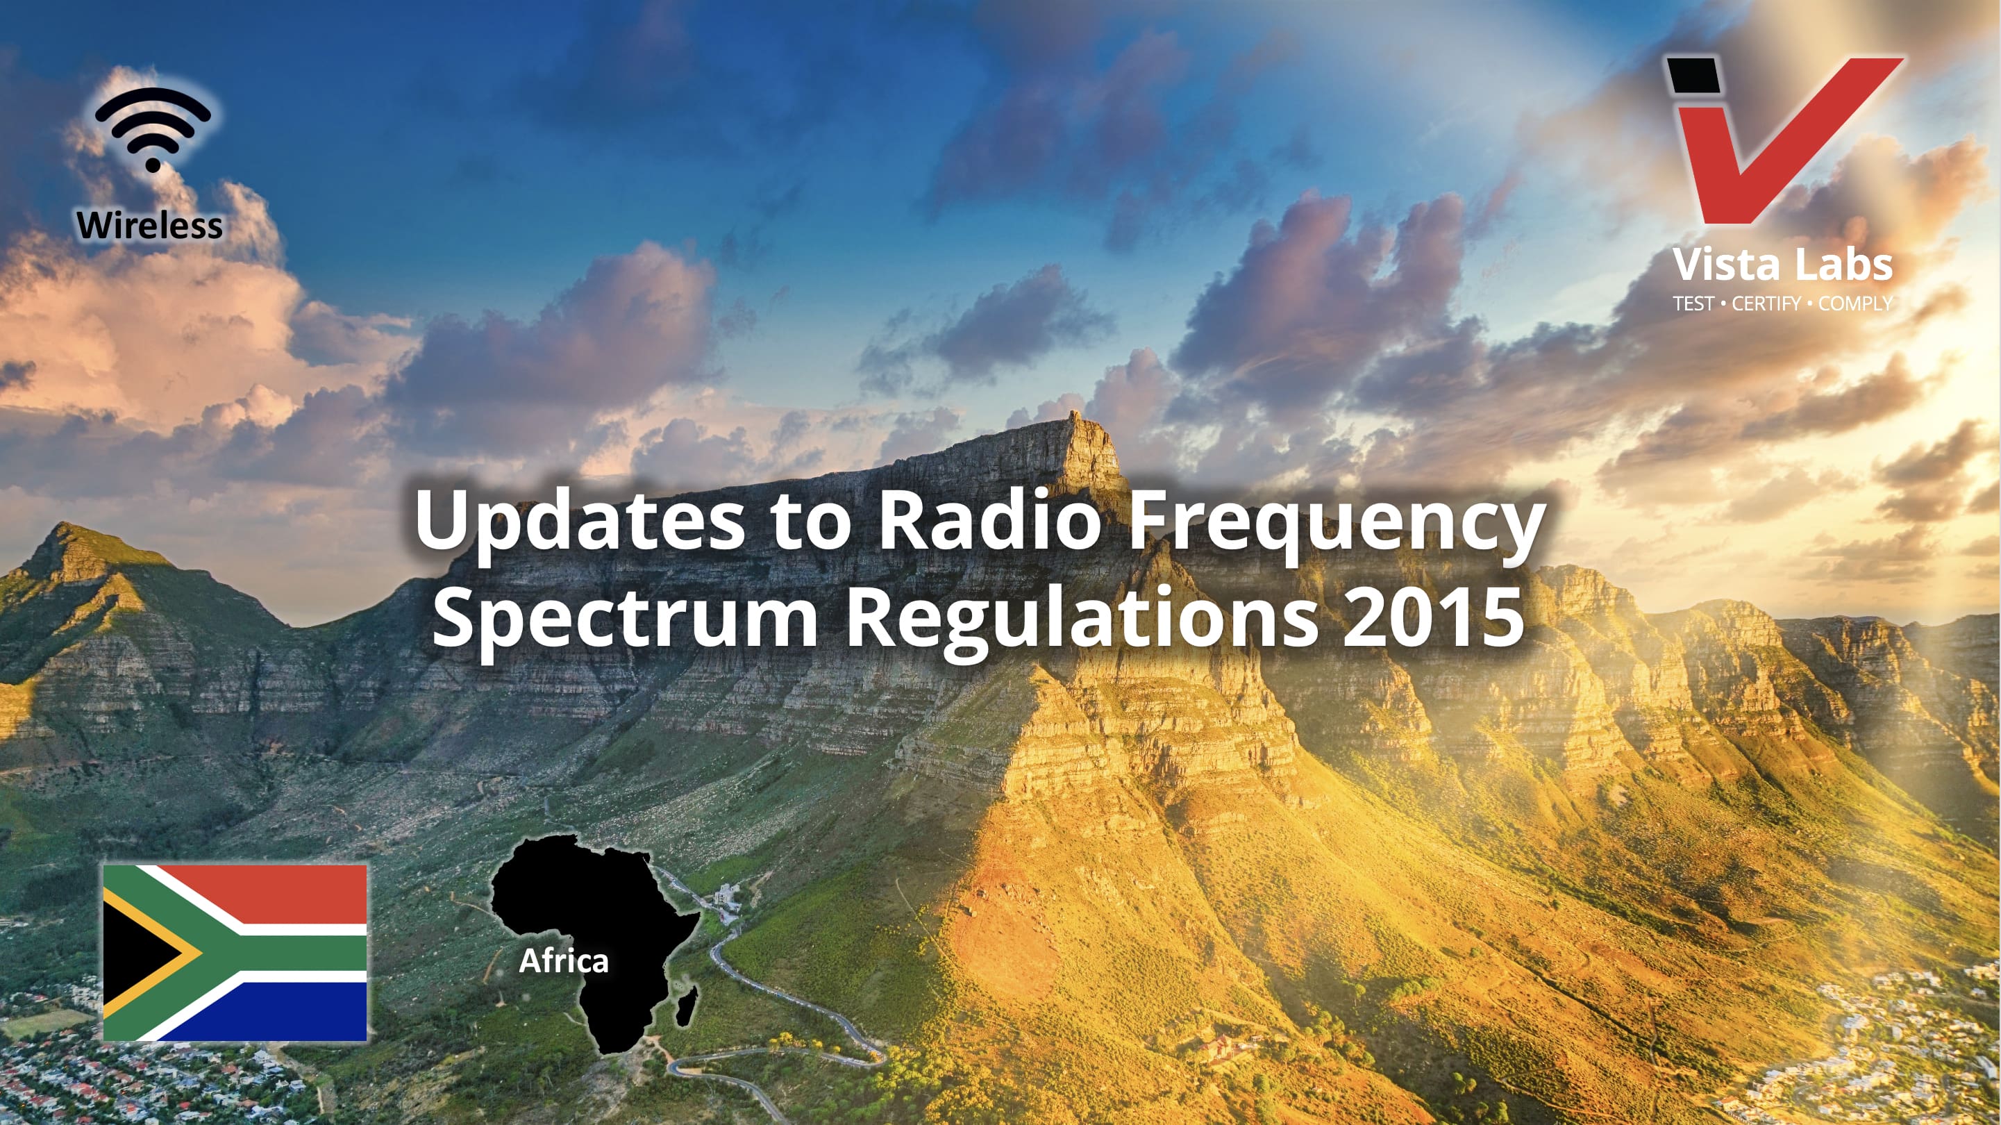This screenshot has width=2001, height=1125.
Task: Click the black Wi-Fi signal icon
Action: [153, 129]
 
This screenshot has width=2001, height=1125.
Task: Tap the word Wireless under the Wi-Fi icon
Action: [150, 225]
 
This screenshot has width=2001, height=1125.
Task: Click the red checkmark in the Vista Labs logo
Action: [1786, 140]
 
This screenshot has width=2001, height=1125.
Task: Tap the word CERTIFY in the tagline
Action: [1766, 303]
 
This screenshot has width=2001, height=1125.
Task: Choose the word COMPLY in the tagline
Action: [1855, 303]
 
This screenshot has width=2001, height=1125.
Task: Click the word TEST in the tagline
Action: [1693, 303]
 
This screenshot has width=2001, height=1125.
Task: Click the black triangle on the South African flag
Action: [140, 953]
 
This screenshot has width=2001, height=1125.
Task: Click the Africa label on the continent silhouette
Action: [564, 961]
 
